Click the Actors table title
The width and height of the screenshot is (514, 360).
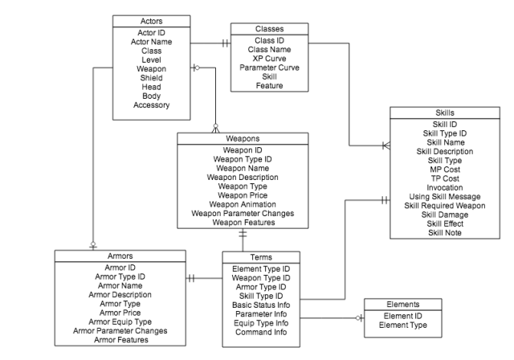151,20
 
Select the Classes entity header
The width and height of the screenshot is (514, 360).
269,29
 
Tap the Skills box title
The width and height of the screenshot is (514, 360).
444,112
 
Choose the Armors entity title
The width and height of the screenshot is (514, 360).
120,256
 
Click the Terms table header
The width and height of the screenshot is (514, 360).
259,257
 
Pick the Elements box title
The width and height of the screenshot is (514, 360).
402,305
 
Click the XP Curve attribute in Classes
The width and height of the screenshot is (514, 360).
269,59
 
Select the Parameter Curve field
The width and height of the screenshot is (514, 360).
269,67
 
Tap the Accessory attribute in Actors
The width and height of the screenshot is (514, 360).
151,105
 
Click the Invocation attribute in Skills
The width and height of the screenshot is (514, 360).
444,187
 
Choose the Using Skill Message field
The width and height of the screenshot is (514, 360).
444,196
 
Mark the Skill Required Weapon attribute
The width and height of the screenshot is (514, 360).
444,206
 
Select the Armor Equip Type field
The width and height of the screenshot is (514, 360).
120,321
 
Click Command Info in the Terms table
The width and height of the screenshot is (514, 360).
259,333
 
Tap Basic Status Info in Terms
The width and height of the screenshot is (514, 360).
259,305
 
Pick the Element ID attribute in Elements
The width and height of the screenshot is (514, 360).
402,317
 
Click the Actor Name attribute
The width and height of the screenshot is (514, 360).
151,42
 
